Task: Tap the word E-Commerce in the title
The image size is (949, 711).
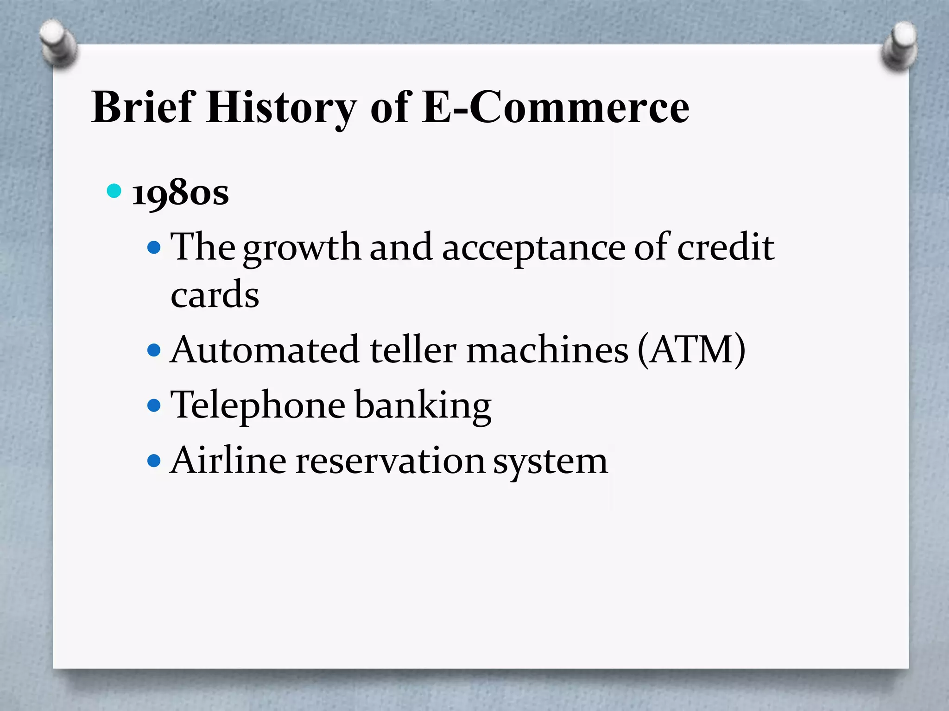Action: pyautogui.click(x=556, y=107)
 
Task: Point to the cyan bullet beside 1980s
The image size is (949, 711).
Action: pyautogui.click(x=114, y=190)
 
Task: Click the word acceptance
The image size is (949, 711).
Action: pyautogui.click(x=534, y=248)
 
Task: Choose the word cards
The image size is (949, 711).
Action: pyautogui.click(x=215, y=294)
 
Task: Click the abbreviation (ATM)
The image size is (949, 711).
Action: pyautogui.click(x=692, y=350)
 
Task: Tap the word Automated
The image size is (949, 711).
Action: pyautogui.click(x=265, y=350)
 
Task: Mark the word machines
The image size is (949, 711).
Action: pyautogui.click(x=547, y=350)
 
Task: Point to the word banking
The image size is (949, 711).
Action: pyautogui.click(x=423, y=405)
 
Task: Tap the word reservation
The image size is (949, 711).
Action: pyautogui.click(x=390, y=461)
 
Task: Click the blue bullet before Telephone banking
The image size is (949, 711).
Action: pyautogui.click(x=154, y=406)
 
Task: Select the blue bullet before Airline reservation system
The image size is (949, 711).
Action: pyautogui.click(x=154, y=461)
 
